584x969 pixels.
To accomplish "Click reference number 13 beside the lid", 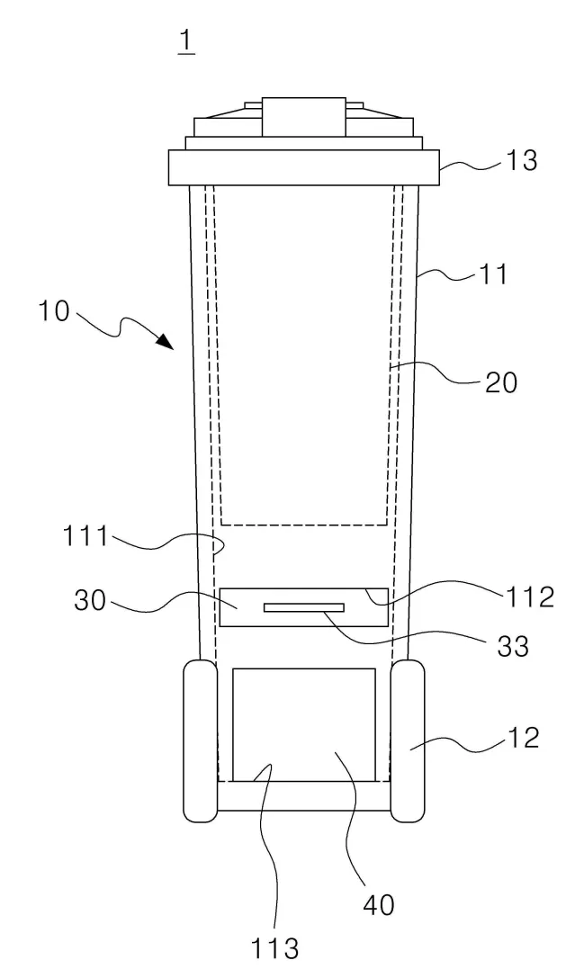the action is pos(522,161).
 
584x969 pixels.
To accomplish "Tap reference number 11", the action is pos(493,274).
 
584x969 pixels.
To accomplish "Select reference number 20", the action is pos(500,383).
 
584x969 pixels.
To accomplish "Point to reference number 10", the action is pos(54,310).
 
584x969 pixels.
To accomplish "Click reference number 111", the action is pos(85,536).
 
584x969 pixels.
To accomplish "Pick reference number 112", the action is pos(530,597).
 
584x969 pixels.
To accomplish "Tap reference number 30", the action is pos(90,600).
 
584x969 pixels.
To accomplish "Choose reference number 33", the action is pos(513,646).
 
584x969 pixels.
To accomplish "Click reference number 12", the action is pos(523,738).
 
